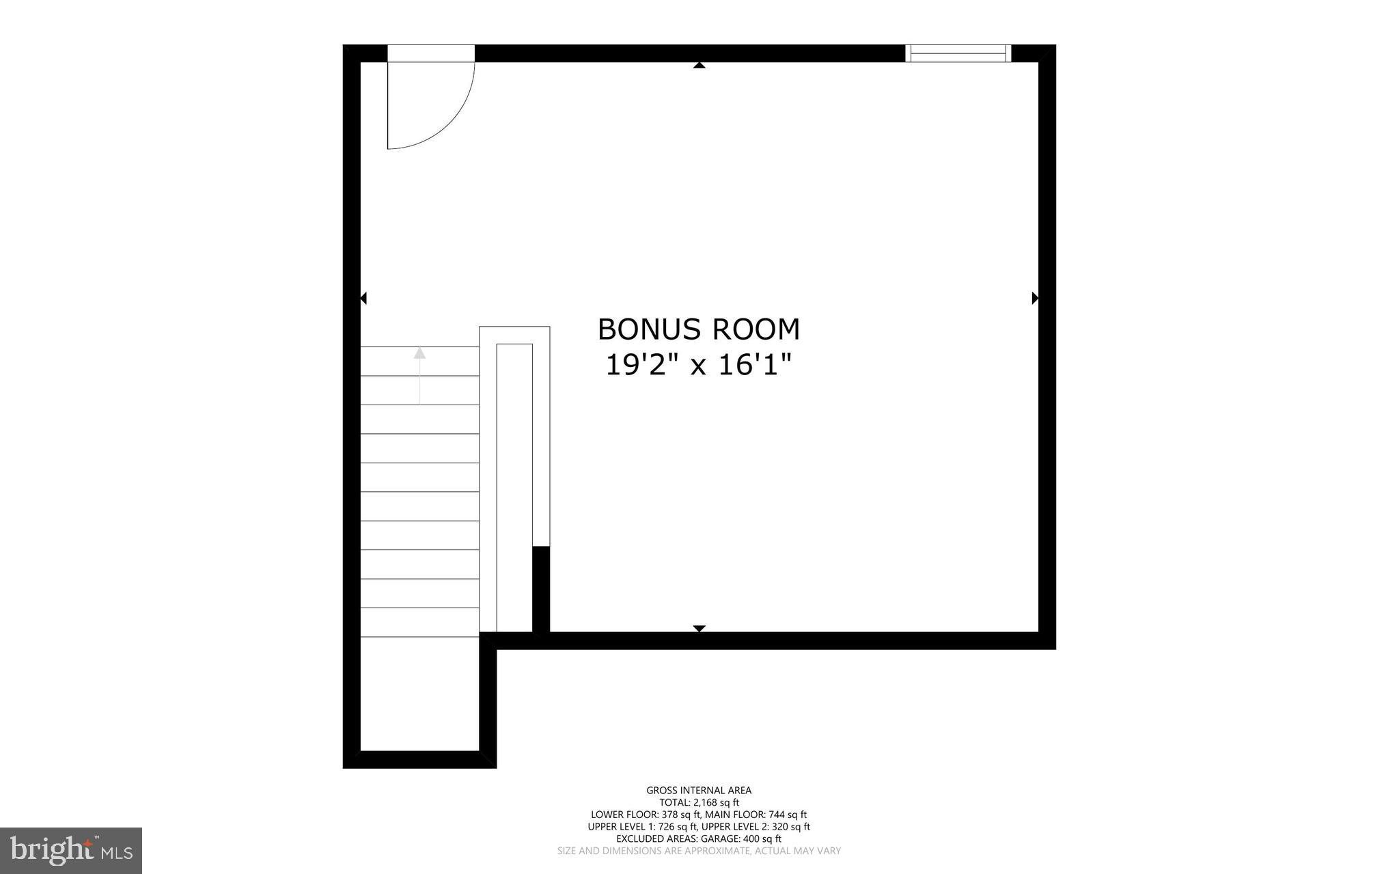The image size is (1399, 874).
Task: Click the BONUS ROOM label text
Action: (698, 329)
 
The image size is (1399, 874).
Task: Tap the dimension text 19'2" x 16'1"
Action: (698, 365)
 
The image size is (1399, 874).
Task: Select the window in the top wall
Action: (958, 53)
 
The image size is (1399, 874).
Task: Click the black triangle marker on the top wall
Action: (699, 66)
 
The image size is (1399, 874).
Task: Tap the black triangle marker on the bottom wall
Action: (699, 628)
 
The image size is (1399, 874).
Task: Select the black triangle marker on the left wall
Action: (363, 298)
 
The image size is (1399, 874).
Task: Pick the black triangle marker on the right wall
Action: (1035, 298)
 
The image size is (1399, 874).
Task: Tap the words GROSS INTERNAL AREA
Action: (699, 791)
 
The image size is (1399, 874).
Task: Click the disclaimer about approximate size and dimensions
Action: (699, 851)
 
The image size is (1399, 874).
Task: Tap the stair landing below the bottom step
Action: (419, 694)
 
